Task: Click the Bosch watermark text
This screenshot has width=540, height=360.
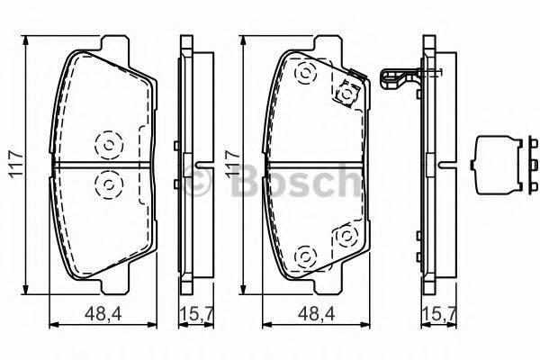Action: coord(270,182)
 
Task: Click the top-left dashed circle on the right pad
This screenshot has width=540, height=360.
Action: coord(304,74)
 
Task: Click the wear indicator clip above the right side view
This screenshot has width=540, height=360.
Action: coord(402,81)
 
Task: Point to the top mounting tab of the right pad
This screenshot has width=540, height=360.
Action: coord(327,44)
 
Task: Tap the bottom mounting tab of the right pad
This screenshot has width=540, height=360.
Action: coord(327,287)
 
